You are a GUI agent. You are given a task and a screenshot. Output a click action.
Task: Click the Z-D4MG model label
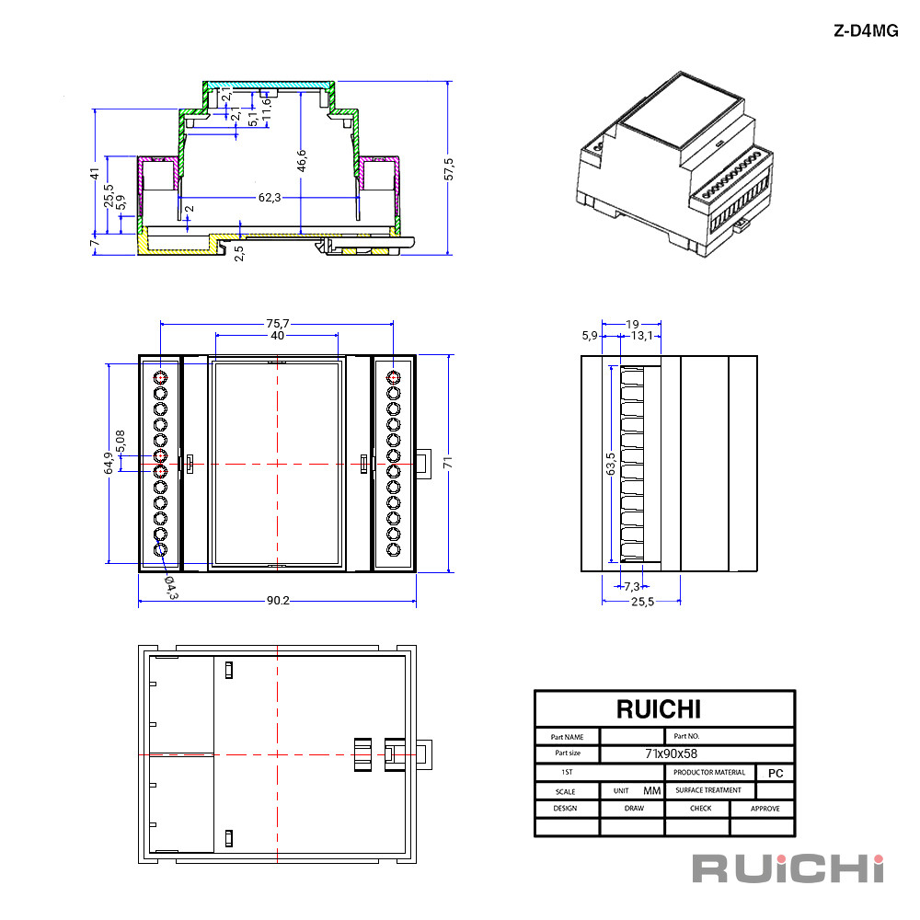(x=866, y=30)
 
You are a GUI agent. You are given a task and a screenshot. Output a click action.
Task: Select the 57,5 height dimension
(x=449, y=169)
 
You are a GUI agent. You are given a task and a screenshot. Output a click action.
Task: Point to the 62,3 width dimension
(x=270, y=198)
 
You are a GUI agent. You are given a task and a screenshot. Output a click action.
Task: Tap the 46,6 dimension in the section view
(x=301, y=161)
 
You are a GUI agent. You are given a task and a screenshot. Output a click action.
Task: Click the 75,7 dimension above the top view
(x=278, y=323)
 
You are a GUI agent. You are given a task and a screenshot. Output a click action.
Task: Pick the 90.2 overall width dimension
(x=278, y=601)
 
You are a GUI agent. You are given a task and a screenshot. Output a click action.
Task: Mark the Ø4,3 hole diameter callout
(x=171, y=587)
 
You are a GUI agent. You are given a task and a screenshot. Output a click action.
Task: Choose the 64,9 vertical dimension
(x=109, y=463)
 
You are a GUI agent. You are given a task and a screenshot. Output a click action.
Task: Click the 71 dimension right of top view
(x=448, y=463)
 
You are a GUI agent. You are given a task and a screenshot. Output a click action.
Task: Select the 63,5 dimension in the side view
(x=611, y=464)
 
